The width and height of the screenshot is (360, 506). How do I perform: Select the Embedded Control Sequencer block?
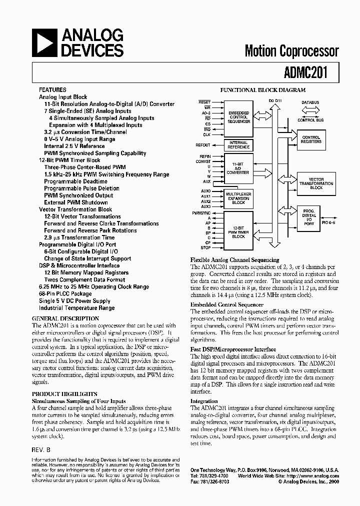[x=238, y=117]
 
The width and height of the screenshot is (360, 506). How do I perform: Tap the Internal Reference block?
[x=238, y=145]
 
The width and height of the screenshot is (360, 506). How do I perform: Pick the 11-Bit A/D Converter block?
[x=238, y=169]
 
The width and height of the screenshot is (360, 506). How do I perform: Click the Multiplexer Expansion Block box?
[x=238, y=198]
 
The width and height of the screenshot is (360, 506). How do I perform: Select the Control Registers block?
[x=311, y=139]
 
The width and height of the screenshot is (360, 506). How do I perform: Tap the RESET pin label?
[x=204, y=102]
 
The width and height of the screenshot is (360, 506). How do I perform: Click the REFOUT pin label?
[x=203, y=145]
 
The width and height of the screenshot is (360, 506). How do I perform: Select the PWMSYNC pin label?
[x=201, y=212]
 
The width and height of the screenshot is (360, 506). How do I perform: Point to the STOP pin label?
[x=205, y=247]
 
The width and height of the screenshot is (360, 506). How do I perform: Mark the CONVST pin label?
[x=203, y=161]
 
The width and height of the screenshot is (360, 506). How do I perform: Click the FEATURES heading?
[x=52, y=90]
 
